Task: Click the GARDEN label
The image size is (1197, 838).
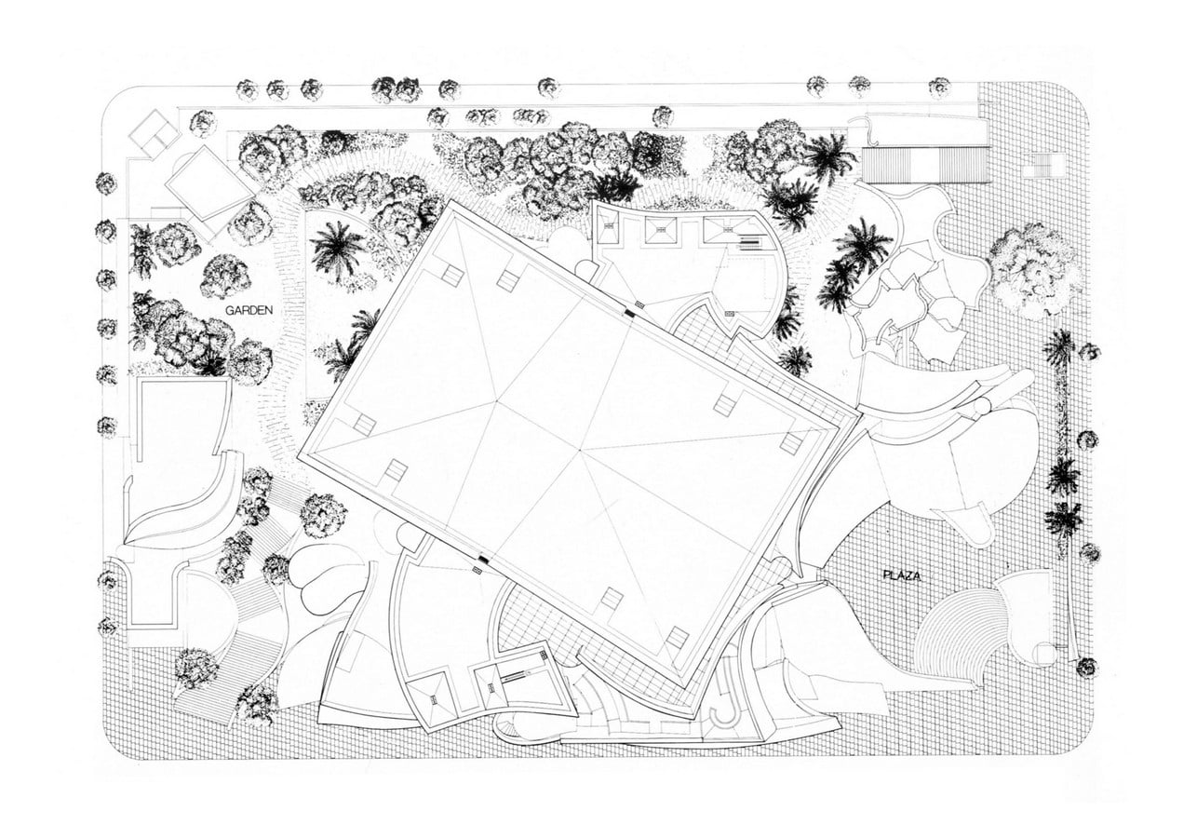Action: pyautogui.click(x=249, y=310)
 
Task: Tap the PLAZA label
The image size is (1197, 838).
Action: pyautogui.click(x=901, y=575)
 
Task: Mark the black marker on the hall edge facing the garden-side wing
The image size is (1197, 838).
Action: pyautogui.click(x=484, y=560)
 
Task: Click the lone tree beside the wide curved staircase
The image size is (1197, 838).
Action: pyautogui.click(x=196, y=668)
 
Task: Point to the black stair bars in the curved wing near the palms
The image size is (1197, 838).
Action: pyautogui.click(x=749, y=245)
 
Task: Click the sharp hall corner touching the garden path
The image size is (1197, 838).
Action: pyautogui.click(x=298, y=456)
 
